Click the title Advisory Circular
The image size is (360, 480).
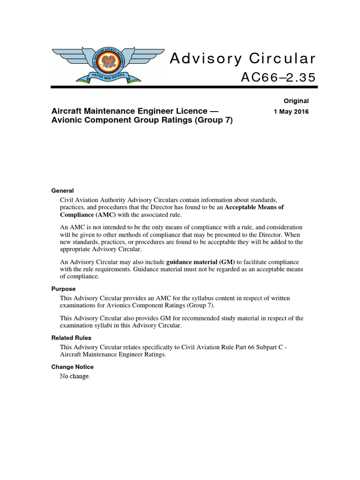click(x=242, y=59)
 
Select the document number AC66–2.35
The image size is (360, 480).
click(x=278, y=77)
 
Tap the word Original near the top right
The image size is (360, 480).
click(x=296, y=101)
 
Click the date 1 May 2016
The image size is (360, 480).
click(x=291, y=112)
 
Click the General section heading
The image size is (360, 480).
click(x=62, y=191)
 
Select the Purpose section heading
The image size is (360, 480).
click(x=63, y=289)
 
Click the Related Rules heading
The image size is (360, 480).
click(x=71, y=338)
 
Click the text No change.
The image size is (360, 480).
click(x=75, y=376)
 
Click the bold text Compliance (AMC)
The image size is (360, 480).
click(x=88, y=215)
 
